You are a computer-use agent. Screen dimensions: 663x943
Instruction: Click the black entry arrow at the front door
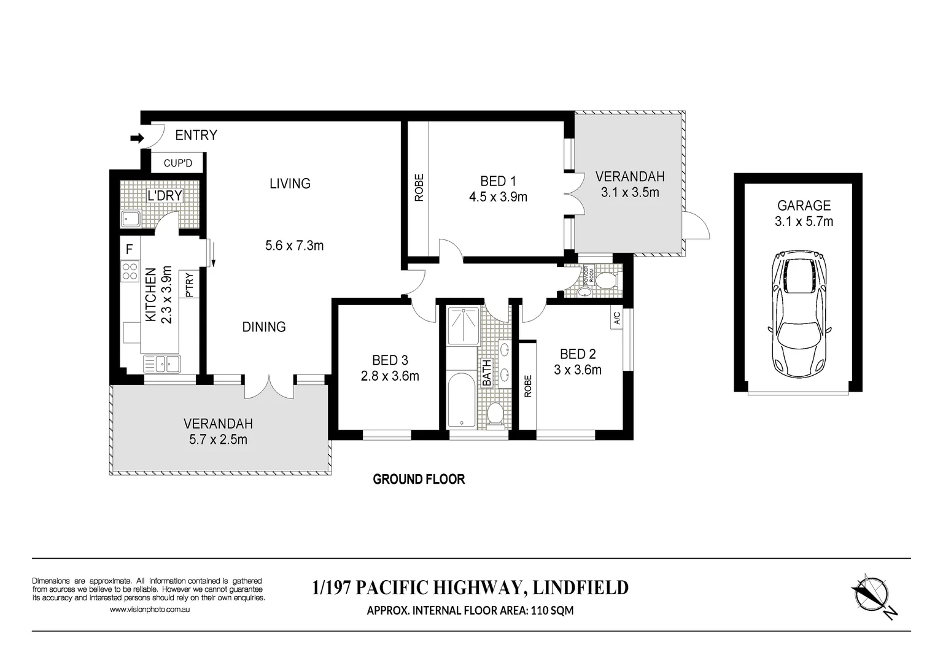(136, 139)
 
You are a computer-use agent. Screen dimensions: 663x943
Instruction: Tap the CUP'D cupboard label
(178, 163)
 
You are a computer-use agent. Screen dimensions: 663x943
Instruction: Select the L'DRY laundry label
(165, 196)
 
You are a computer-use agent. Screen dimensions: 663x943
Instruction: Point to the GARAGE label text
(804, 206)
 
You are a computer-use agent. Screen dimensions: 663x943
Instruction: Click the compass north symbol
(872, 594)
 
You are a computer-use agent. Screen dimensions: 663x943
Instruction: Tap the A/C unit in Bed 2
(616, 318)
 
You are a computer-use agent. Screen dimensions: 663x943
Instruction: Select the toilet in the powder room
(606, 280)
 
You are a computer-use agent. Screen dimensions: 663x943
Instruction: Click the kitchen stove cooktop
(130, 271)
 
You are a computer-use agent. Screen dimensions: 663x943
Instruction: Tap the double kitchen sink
(161, 364)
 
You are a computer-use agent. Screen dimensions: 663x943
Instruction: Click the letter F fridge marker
(129, 249)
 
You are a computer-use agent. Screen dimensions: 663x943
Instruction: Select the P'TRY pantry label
(189, 285)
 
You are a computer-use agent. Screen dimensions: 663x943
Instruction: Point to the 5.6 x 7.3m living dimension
(294, 246)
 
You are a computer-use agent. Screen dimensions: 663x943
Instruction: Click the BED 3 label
(390, 360)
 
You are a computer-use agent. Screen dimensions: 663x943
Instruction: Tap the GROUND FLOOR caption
(419, 479)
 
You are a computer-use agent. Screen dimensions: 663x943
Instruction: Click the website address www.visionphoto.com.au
(150, 610)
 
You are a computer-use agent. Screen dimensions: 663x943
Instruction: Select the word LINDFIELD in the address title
(580, 587)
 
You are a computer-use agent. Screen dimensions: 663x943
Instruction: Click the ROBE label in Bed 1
(419, 188)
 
